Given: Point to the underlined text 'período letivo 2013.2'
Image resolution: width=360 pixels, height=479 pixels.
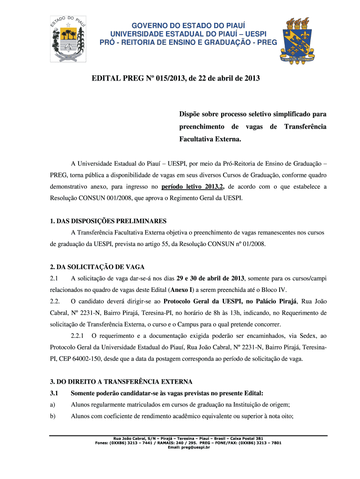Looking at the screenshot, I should point(193,187).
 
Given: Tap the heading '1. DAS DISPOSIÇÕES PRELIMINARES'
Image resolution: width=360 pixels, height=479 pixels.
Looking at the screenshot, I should point(108,221).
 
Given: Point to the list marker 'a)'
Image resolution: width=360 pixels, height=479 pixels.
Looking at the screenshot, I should point(53,405).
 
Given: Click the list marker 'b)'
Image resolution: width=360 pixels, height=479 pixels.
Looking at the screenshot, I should point(53,416).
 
